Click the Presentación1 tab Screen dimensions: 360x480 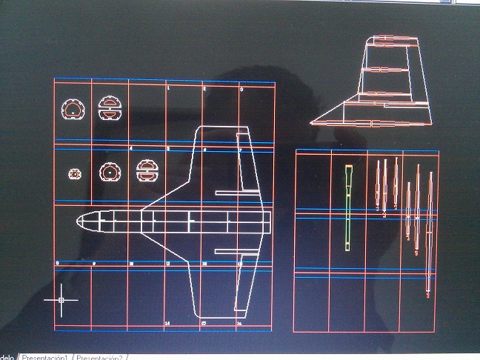pos(46,356)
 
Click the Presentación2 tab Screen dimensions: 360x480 pos(101,356)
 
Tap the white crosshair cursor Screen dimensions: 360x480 pos(61,300)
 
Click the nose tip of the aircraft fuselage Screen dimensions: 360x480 pos(77,220)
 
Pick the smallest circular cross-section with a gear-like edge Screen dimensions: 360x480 pos(74,173)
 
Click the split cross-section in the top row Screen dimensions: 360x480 pos(109,108)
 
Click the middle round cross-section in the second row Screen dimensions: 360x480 pos(109,172)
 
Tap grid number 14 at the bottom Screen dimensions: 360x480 pos(167,324)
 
